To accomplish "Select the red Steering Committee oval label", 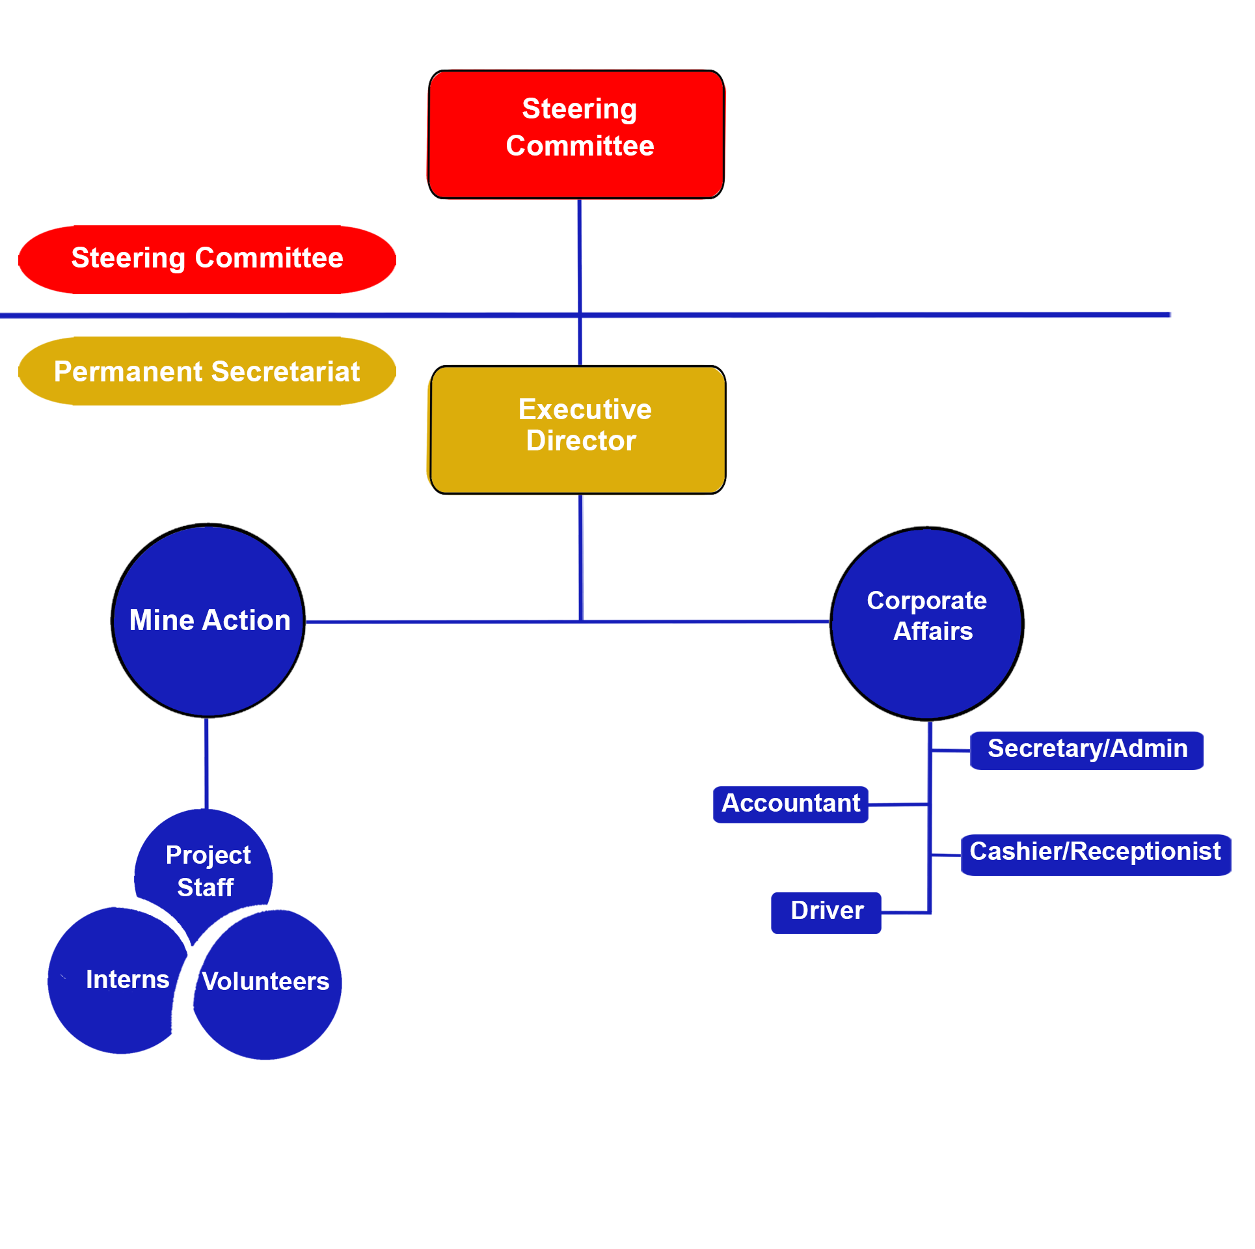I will (x=207, y=259).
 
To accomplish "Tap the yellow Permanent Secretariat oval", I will (x=207, y=371).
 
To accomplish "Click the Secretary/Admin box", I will (x=1086, y=750).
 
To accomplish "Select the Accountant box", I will (x=790, y=804).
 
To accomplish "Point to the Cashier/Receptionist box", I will (x=1096, y=853).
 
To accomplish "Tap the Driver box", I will (x=826, y=912).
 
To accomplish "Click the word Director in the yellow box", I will (x=581, y=441).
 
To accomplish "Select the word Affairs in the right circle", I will (x=933, y=631).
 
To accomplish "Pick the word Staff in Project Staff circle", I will (x=205, y=887).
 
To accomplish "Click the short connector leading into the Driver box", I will (x=904, y=913).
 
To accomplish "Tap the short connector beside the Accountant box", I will (x=898, y=805).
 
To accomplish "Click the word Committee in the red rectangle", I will (x=580, y=146).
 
